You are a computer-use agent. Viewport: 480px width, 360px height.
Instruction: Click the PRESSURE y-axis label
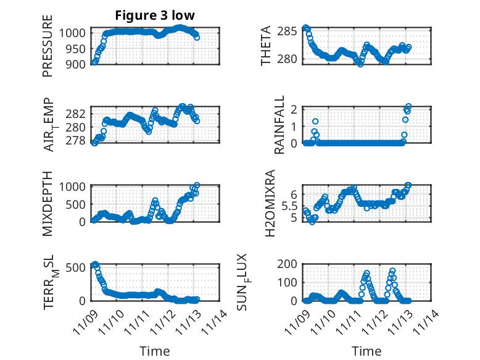pos(48,46)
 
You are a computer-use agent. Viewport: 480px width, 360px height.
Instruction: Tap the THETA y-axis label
pos(266,46)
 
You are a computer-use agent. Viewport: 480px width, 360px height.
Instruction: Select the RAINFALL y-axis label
pos(279,125)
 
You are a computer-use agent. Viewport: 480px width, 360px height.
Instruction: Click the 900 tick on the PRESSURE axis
pos(77,64)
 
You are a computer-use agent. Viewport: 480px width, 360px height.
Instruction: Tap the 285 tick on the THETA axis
pos(290,29)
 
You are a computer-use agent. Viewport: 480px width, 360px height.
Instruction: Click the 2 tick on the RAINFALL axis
pos(296,109)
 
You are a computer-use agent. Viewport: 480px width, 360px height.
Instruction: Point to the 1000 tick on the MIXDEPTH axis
pos(74,186)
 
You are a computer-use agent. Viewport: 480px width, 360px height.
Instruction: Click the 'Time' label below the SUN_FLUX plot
pos(366,351)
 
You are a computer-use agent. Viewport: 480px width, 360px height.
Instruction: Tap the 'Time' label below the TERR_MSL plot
pos(154,351)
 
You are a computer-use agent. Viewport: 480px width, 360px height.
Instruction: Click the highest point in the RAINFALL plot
pos(408,106)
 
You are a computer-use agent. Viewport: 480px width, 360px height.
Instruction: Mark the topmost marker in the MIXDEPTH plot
pos(197,185)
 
